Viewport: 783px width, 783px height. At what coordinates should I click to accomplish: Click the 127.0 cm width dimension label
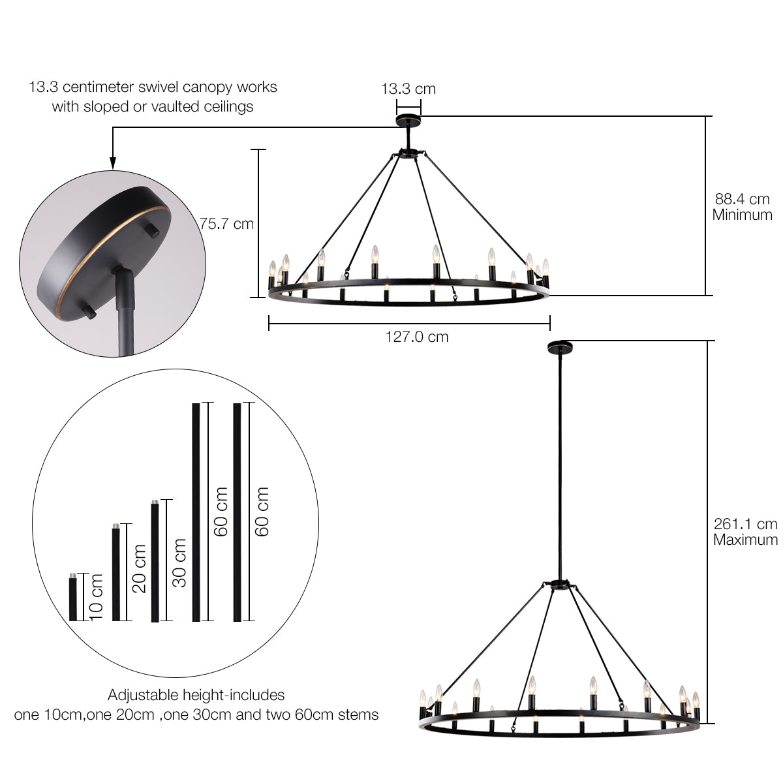point(417,337)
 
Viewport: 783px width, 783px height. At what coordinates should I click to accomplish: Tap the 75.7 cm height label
point(226,224)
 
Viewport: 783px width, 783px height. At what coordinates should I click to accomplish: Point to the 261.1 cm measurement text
point(745,524)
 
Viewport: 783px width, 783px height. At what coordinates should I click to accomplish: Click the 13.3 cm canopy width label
point(408,89)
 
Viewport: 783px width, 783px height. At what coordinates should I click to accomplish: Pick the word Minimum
point(743,215)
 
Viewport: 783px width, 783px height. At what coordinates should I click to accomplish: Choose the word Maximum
point(745,540)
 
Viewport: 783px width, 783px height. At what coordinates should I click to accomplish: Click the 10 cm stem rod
point(73,597)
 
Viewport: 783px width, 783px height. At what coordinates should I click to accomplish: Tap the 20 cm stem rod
point(116,572)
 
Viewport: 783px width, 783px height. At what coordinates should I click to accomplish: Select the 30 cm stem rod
point(155,560)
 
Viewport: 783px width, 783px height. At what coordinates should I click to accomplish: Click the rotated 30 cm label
point(179,562)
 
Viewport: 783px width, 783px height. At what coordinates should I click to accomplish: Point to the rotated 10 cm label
point(97,597)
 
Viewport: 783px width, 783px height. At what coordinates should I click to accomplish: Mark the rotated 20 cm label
point(140,569)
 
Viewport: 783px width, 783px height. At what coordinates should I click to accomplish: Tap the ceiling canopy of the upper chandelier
point(408,121)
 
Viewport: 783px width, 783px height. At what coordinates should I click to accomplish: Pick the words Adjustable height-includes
point(196,695)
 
